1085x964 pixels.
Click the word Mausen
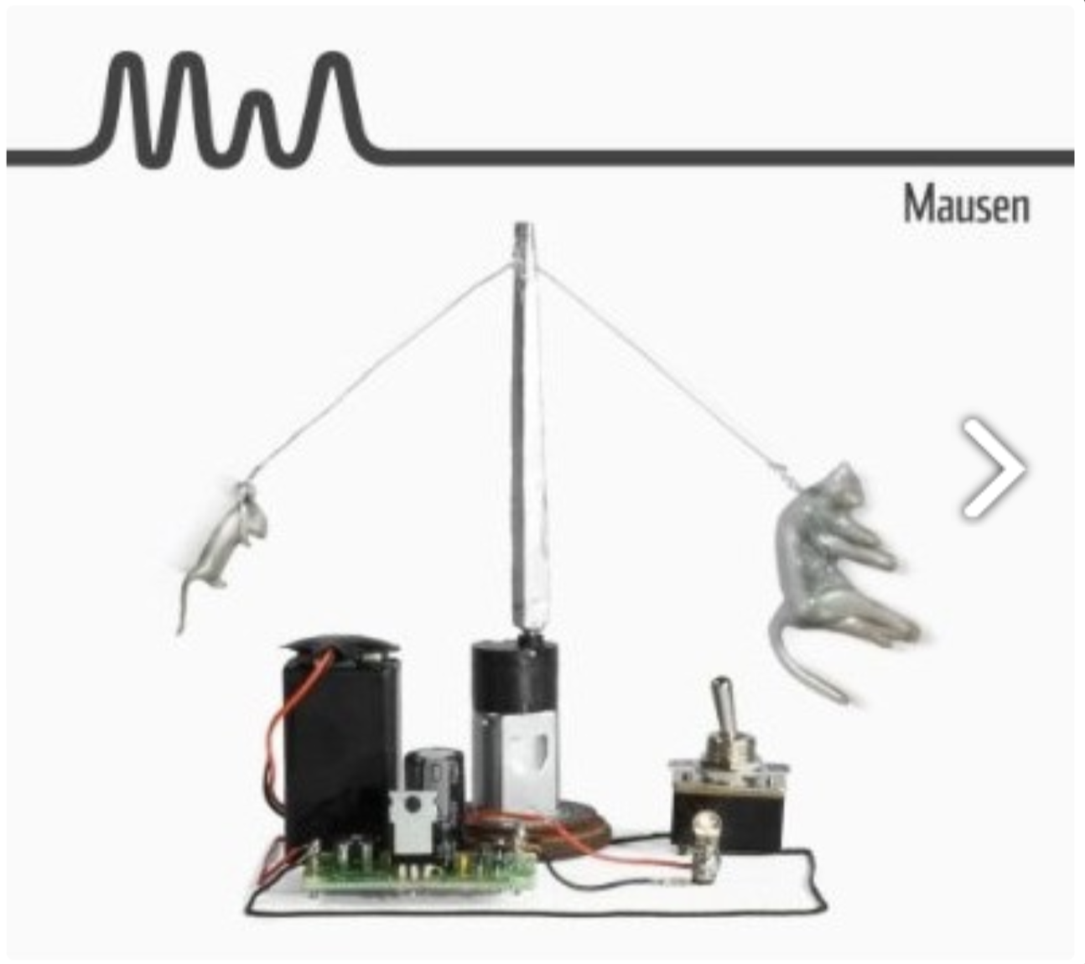[966, 205]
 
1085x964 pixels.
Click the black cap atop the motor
[514, 676]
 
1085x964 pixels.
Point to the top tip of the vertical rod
[523, 225]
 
